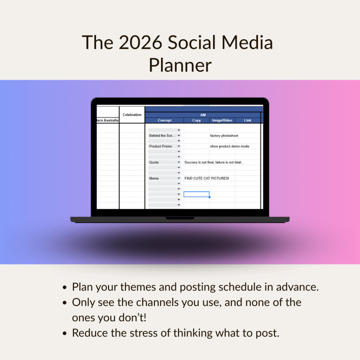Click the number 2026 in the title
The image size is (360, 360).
141,43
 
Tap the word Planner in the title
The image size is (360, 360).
180,65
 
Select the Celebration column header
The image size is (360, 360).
132,115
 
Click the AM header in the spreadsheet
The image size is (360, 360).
203,115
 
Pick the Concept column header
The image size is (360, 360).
165,120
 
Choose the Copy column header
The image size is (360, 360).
196,120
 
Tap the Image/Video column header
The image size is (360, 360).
222,120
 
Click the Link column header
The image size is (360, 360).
247,120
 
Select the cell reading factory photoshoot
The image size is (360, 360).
224,136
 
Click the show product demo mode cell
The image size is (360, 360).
230,146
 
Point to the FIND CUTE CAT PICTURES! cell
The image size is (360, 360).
207,178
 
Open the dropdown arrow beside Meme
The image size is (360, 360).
179,178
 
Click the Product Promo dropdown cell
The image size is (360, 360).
165,146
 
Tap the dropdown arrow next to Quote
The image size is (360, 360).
179,162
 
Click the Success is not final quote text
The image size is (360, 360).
214,162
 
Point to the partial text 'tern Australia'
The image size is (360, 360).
108,120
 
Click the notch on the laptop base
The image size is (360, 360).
180,218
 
